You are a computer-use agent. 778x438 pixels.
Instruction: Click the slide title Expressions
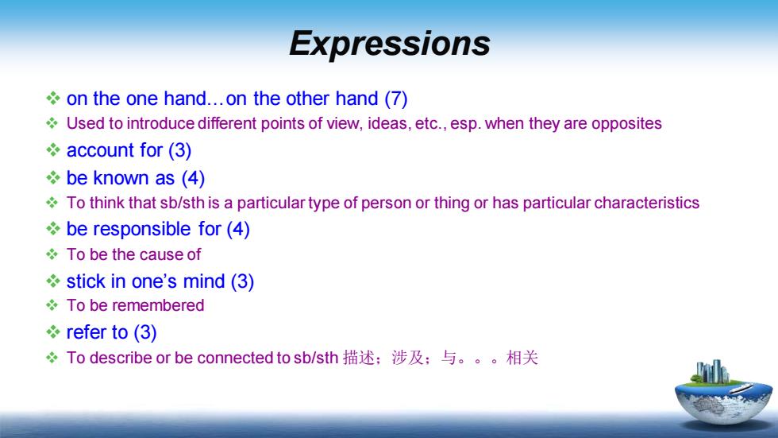pyautogui.click(x=390, y=44)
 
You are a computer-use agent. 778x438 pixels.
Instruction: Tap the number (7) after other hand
pyautogui.click(x=396, y=99)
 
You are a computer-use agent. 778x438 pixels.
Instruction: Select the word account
pyautogui.click(x=100, y=150)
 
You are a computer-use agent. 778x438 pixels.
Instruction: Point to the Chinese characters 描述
pyautogui.click(x=358, y=358)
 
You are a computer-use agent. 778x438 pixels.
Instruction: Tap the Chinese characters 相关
pyautogui.click(x=522, y=358)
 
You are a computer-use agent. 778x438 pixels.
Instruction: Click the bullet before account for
pyautogui.click(x=53, y=150)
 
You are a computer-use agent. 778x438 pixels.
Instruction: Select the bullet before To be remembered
pyautogui.click(x=52, y=305)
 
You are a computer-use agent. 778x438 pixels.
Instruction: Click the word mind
pyautogui.click(x=204, y=281)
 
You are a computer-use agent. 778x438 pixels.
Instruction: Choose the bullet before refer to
pyautogui.click(x=53, y=331)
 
